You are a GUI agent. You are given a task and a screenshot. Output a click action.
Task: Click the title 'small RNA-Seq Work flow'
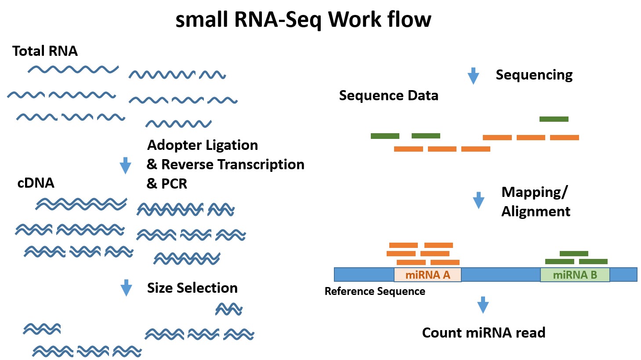click(303, 20)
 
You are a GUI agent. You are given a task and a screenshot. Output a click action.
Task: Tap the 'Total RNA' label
click(45, 51)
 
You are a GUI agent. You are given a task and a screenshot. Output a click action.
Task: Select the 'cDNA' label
click(36, 183)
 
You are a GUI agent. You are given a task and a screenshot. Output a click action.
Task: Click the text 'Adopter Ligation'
click(203, 145)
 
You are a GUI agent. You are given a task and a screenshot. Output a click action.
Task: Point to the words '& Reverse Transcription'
click(225, 164)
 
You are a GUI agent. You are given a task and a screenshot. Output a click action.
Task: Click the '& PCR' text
click(167, 183)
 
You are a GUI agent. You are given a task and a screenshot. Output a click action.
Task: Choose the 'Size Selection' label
click(192, 288)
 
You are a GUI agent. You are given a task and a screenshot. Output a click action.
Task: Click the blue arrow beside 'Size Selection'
click(126, 288)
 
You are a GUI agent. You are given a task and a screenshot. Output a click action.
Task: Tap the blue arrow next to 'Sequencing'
click(473, 76)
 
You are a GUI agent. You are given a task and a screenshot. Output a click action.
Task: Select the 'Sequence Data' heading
click(388, 95)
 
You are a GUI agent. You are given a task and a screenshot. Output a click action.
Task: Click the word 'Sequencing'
click(534, 75)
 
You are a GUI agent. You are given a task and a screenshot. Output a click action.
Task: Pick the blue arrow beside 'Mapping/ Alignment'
click(478, 200)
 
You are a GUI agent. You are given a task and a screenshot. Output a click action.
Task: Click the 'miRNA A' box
click(427, 275)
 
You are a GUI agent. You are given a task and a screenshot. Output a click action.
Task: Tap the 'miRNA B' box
click(575, 275)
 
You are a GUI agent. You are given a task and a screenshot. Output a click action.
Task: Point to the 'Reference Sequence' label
click(375, 291)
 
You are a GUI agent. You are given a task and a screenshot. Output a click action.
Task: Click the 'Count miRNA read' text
click(483, 333)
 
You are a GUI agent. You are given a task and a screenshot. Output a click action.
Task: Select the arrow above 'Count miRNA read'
click(483, 305)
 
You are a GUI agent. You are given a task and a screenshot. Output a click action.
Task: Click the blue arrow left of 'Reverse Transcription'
click(126, 165)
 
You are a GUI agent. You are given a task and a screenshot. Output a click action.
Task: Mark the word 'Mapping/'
click(534, 192)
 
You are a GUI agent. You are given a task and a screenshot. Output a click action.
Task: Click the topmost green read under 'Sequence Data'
click(554, 119)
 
